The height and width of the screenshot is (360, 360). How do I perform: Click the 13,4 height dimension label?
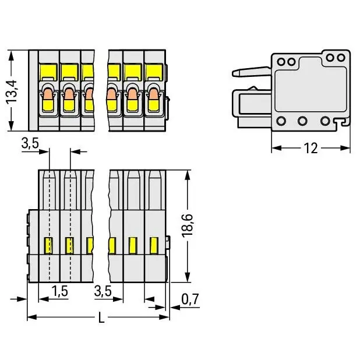12,91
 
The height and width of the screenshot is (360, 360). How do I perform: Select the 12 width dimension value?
310,149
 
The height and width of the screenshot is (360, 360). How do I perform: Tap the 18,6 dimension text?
187,225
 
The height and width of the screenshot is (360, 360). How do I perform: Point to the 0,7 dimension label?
190,299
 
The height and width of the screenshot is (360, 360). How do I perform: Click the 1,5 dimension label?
59,291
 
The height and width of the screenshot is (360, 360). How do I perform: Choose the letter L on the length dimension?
101,318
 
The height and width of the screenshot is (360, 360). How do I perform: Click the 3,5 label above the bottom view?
30,143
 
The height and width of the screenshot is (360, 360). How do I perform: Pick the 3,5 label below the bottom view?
103,291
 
